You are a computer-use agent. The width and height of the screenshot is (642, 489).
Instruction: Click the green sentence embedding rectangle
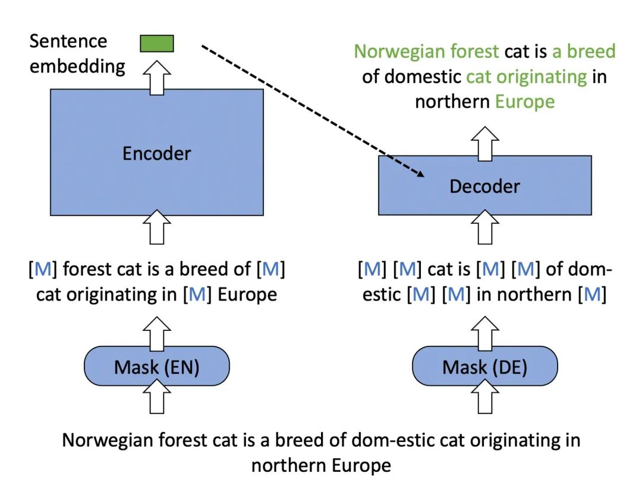(x=157, y=43)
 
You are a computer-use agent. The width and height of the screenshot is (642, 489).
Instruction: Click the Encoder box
(x=157, y=152)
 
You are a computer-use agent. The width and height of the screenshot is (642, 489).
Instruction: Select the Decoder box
(x=484, y=185)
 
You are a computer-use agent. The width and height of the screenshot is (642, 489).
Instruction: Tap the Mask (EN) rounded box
(x=157, y=367)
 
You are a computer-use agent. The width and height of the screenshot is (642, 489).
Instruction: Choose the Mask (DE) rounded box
(x=484, y=367)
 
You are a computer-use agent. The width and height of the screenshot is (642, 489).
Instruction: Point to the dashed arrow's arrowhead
(x=420, y=173)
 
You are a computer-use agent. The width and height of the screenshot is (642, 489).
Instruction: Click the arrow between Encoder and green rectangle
(x=157, y=75)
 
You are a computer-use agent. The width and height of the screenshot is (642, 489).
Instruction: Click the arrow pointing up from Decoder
(x=484, y=141)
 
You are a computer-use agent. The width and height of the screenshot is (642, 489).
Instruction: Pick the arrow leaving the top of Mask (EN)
(x=157, y=332)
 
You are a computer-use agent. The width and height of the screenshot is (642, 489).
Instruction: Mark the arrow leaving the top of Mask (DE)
(x=484, y=332)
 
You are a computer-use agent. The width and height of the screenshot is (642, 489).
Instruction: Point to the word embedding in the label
(x=77, y=65)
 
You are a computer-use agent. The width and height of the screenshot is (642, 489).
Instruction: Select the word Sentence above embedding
(x=68, y=42)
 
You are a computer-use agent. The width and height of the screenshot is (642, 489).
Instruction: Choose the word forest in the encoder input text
(x=91, y=270)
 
